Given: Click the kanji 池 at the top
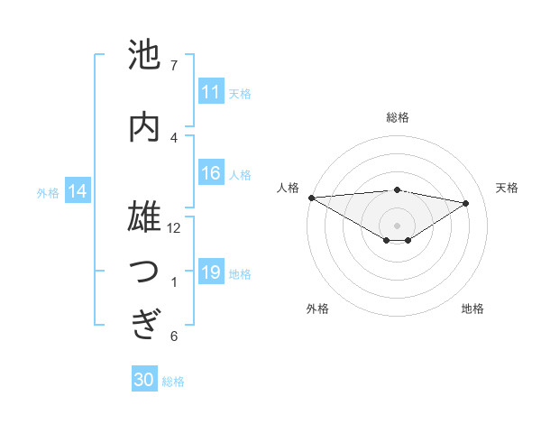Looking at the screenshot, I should (x=144, y=55).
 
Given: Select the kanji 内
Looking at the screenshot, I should (x=144, y=126).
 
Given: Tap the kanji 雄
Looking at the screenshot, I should (x=144, y=217).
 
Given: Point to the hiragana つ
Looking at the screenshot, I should (x=144, y=271).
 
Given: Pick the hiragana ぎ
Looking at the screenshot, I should (x=144, y=324).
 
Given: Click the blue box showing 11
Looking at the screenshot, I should (x=211, y=92).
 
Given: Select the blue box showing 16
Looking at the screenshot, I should (x=211, y=173).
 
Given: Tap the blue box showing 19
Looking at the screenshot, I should (x=211, y=272).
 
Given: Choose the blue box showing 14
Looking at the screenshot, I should (x=78, y=191).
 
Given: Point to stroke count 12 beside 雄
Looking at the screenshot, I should (x=174, y=228).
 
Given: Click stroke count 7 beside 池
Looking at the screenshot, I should (x=173, y=66).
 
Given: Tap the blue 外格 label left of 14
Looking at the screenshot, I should (x=48, y=192).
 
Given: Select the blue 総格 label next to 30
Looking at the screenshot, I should (x=173, y=382).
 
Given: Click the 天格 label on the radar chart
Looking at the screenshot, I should (x=508, y=188).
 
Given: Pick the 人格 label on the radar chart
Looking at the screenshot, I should (x=289, y=188).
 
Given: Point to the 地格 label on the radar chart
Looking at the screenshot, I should (x=472, y=309).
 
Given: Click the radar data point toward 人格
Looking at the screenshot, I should (x=311, y=197).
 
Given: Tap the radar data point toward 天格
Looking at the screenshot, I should (x=466, y=203).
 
